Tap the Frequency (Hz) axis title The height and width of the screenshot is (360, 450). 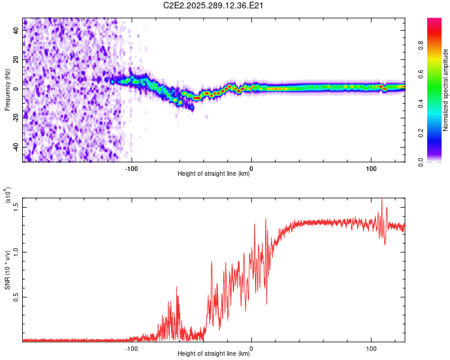click(7, 90)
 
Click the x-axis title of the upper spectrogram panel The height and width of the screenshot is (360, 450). click(214, 174)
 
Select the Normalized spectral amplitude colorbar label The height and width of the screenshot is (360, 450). click(446, 90)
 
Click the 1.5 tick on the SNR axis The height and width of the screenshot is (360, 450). click(16, 206)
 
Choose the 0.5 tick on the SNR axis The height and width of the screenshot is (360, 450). click(16, 296)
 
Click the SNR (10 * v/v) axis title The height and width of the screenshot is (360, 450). click(7, 270)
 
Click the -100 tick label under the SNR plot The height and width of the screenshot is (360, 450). click(131, 348)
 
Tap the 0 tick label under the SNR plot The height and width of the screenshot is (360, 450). click(251, 348)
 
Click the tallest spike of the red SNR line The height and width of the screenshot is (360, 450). click(382, 200)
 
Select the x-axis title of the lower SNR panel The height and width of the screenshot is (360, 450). click(214, 354)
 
